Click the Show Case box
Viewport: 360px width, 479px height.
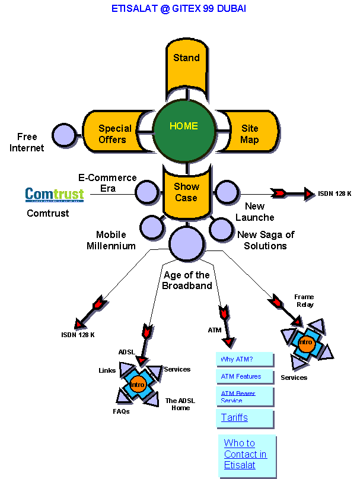click(186, 192)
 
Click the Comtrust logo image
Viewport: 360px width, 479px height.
click(55, 194)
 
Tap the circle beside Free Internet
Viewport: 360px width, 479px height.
click(64, 135)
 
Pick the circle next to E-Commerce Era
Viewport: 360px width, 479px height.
click(147, 192)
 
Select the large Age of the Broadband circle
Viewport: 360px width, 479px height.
click(186, 244)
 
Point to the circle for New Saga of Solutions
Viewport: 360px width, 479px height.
click(221, 228)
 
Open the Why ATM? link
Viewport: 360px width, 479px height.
click(237, 360)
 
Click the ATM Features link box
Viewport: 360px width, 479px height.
click(241, 376)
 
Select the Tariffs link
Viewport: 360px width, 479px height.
click(234, 418)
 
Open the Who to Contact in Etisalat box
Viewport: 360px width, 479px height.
click(246, 454)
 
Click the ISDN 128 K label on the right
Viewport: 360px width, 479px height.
click(334, 193)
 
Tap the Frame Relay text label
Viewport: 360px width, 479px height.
click(304, 300)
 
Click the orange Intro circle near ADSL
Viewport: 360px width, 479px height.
click(138, 384)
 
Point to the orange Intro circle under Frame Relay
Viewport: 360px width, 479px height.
click(305, 342)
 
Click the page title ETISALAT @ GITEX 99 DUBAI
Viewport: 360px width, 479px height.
click(179, 9)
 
